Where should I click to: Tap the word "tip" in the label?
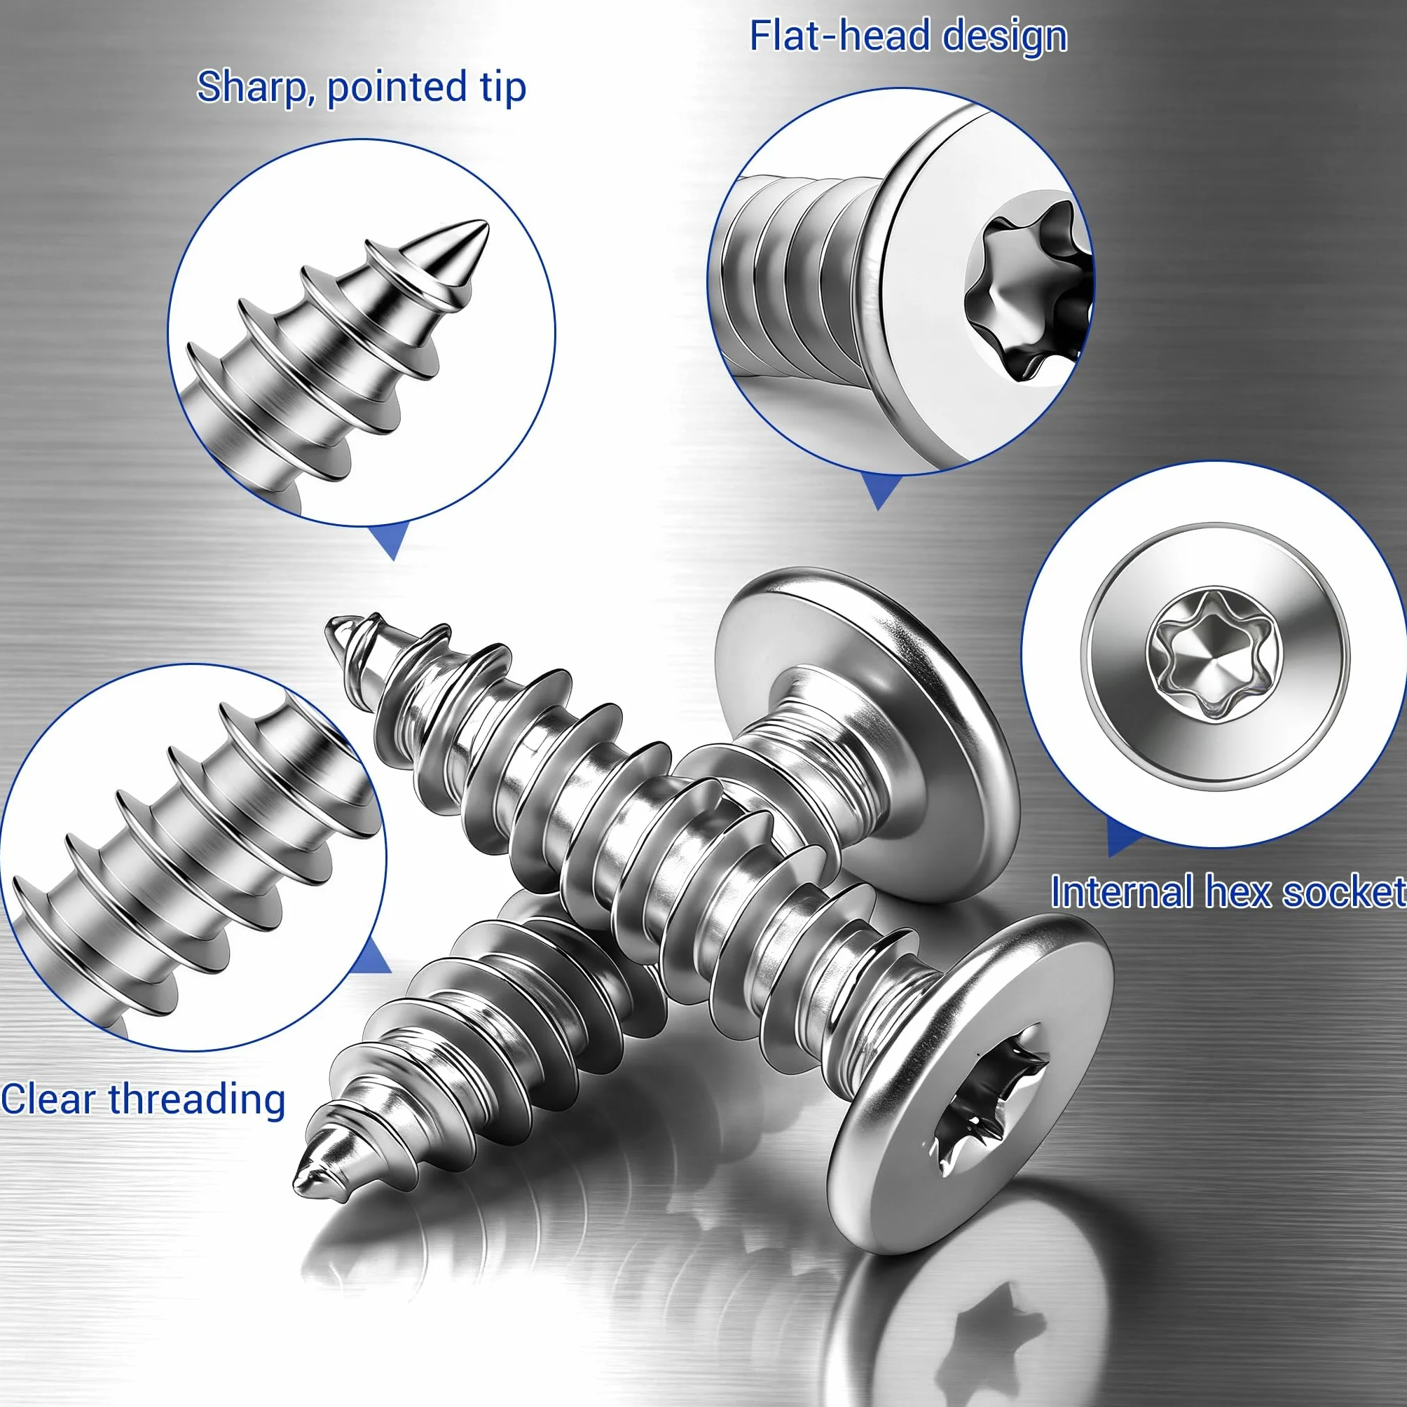[x=503, y=88]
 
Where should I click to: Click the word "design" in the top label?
[x=1005, y=37]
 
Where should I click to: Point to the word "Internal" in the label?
[x=1123, y=891]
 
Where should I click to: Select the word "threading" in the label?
[x=197, y=1100]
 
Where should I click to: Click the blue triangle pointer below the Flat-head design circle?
[x=880, y=491]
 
